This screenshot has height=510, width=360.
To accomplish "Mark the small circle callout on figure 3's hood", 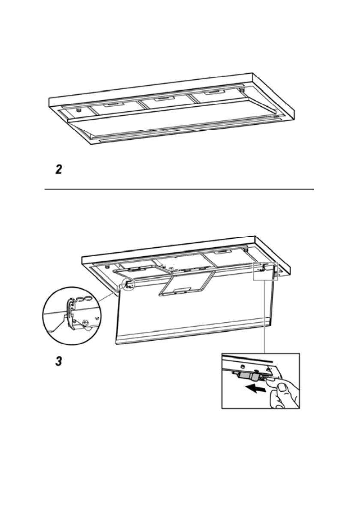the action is (128, 284).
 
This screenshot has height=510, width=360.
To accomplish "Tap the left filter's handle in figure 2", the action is (112, 105).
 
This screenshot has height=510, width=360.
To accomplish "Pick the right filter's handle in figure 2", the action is (211, 93).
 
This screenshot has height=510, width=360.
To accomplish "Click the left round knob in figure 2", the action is (79, 110).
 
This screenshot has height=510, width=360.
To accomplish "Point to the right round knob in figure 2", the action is (242, 90).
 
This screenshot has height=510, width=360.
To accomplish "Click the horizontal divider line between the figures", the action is (180, 189).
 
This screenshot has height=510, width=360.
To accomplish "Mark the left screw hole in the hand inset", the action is (243, 367).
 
